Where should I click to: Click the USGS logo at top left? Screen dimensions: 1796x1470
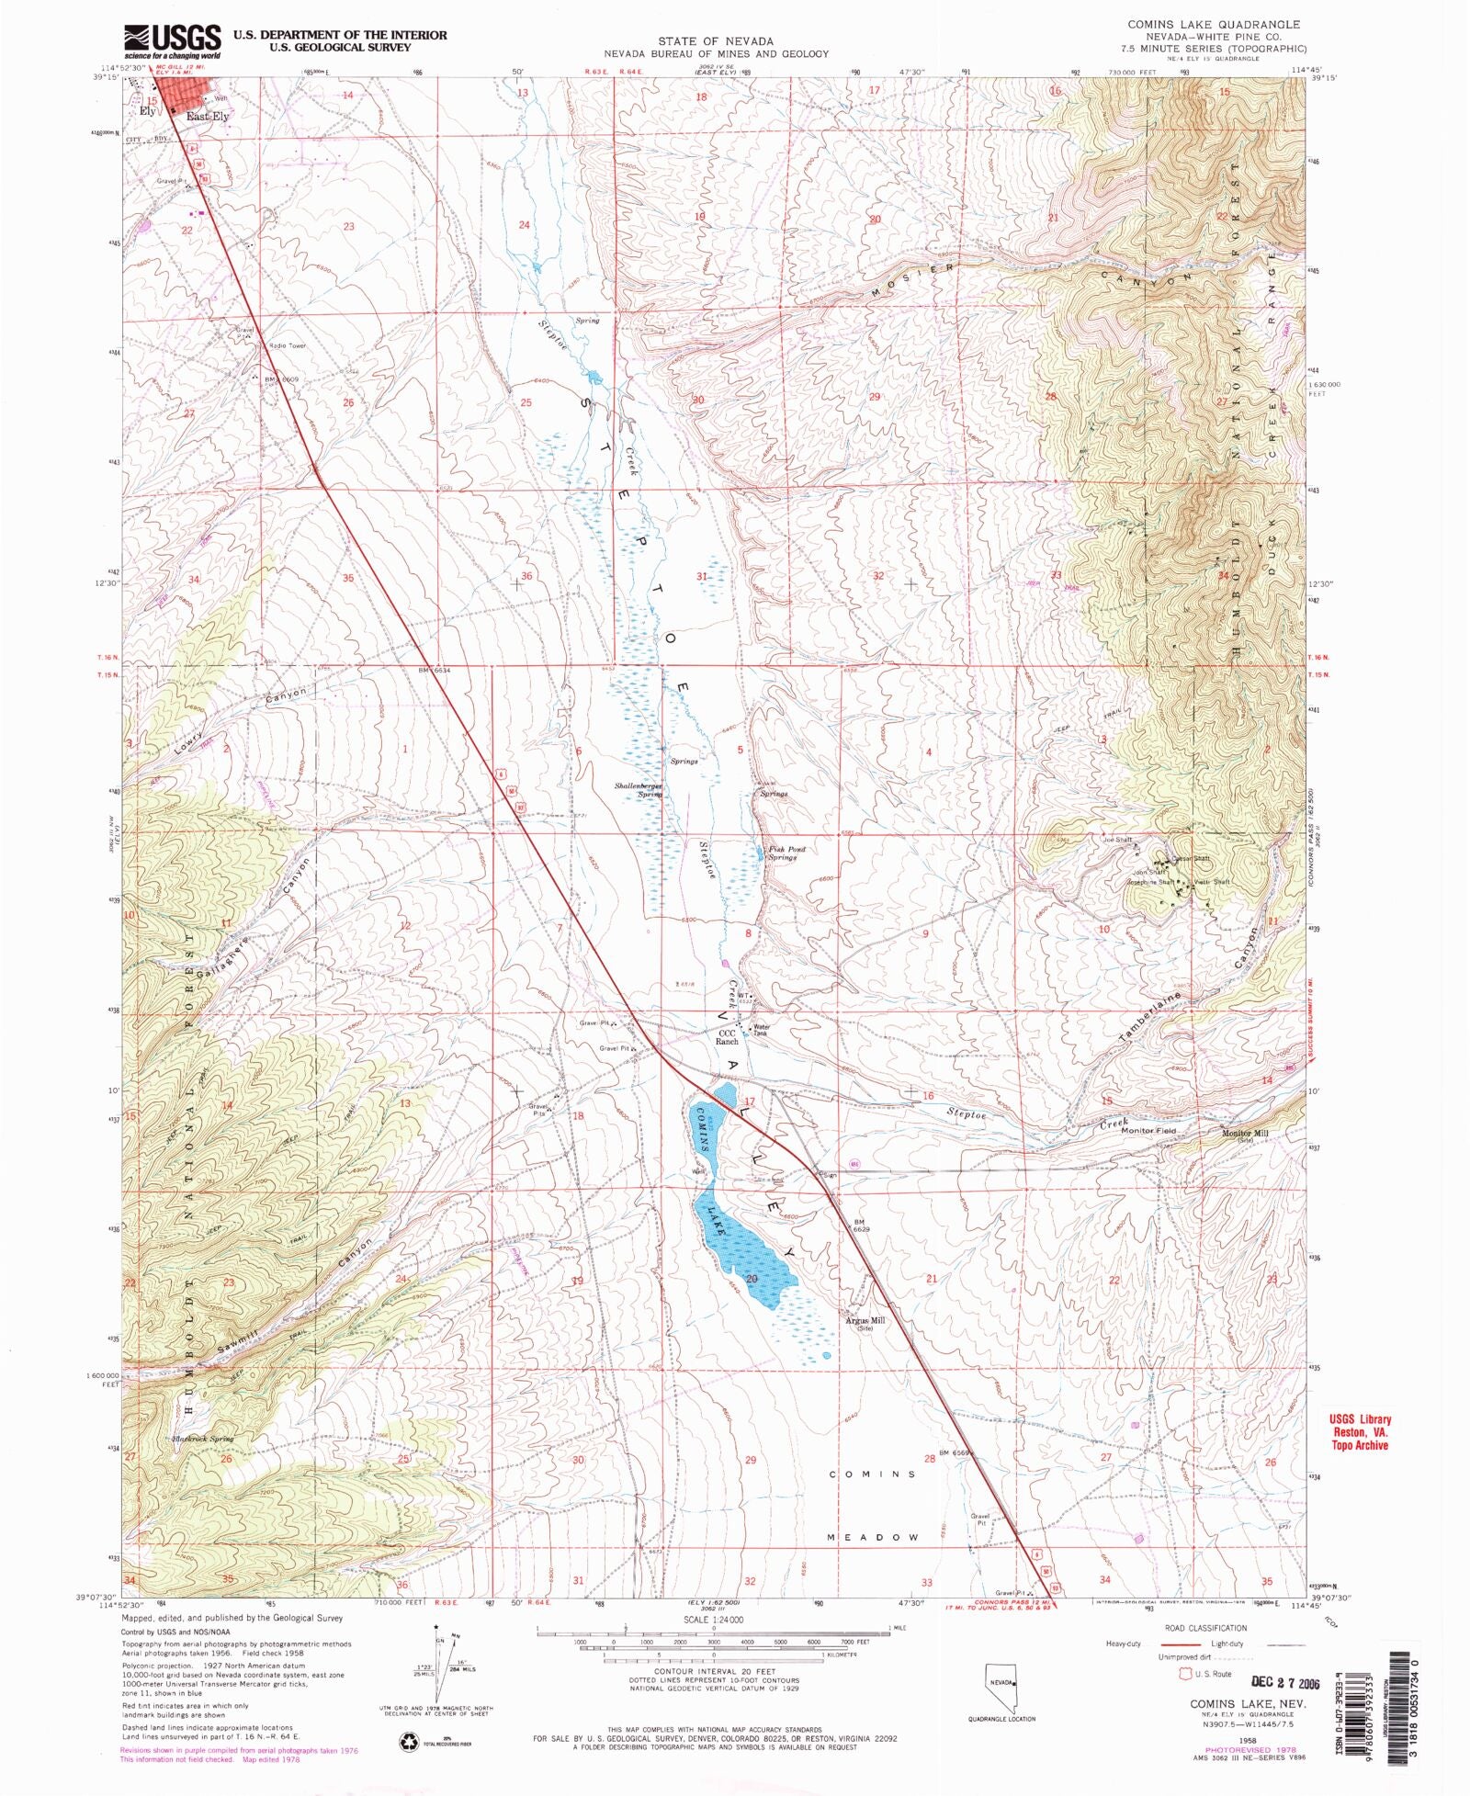click(x=173, y=40)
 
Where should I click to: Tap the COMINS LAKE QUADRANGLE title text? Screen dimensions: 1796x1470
click(x=1214, y=24)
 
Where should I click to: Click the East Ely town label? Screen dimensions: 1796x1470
click(x=208, y=117)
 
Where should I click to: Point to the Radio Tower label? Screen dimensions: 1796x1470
click(x=287, y=345)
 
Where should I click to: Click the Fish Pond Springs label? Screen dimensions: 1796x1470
click(x=787, y=853)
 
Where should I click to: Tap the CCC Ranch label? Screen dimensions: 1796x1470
click(x=728, y=1037)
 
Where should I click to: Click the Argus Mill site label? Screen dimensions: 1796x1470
click(x=865, y=1324)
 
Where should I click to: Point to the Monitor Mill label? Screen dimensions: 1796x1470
click(x=1244, y=1134)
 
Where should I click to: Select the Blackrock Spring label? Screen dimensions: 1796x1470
click(x=202, y=1439)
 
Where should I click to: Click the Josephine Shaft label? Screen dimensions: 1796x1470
click(x=1150, y=882)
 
